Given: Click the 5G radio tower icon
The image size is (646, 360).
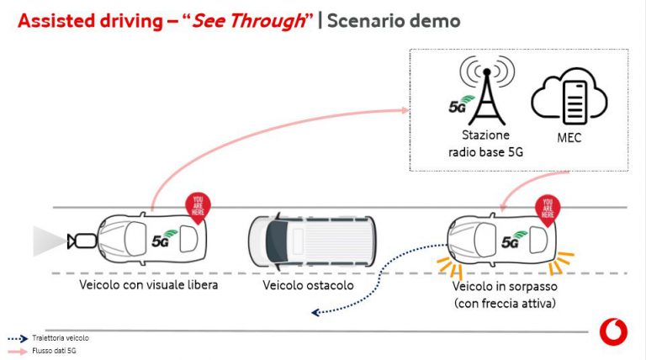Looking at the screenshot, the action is point(486,92).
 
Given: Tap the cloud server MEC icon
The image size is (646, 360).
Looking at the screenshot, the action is point(569,97).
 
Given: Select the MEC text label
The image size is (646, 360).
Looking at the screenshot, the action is point(569,138).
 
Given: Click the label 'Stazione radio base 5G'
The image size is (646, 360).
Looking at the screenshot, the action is point(485,143).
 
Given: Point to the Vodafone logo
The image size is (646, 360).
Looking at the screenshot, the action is point(613,331).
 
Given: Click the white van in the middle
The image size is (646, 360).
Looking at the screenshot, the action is point(312,241).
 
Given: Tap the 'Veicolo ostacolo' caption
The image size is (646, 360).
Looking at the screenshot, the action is point(308,285).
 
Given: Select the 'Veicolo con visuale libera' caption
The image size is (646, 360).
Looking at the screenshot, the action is point(148,284).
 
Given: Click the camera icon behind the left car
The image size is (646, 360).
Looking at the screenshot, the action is point(82,241).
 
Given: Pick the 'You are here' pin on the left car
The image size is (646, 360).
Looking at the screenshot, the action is point(198,207).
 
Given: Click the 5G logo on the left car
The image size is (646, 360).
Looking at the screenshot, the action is point(164,239).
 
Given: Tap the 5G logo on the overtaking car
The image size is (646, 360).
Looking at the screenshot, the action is point(514,240).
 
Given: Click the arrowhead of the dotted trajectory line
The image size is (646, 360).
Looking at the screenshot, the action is point(315,313).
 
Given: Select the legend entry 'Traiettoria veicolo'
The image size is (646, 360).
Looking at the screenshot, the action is point(61,338).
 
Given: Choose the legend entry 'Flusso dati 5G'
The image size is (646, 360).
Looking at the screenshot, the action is point(54,351).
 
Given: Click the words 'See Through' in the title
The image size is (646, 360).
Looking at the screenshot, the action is point(248,21).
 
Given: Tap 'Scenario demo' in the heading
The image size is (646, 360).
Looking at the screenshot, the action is point(394,21).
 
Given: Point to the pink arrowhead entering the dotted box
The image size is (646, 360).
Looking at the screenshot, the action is point(405,110).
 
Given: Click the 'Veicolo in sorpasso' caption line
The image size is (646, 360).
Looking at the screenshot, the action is point(505,286).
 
